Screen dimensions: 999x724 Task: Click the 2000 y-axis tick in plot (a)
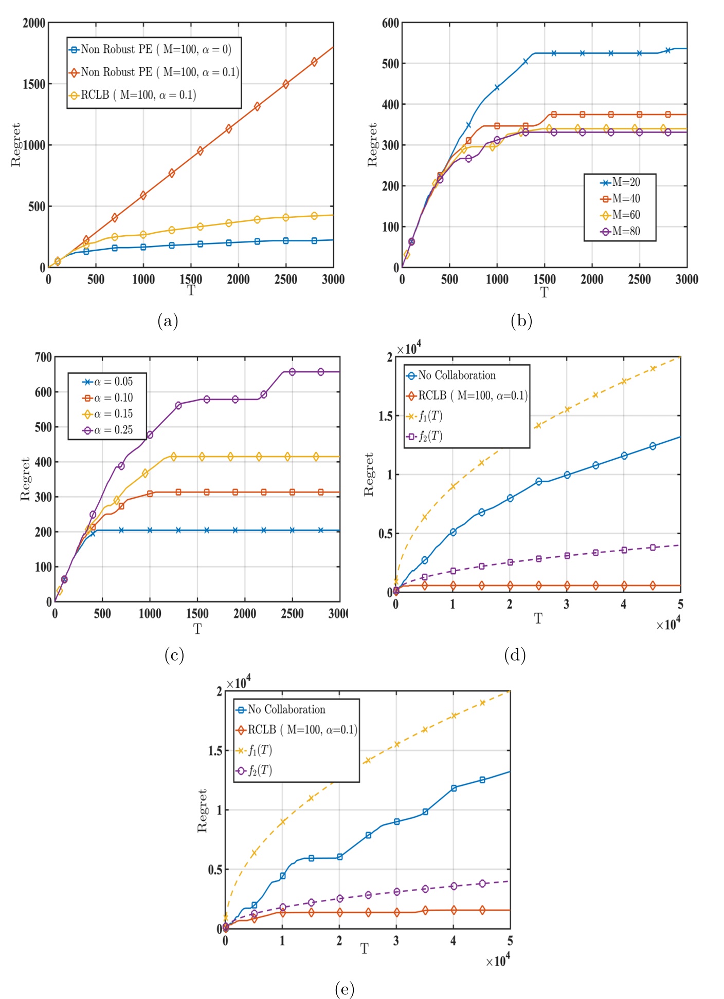[x=34, y=23]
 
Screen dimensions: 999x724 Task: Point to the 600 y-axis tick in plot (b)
[x=390, y=23]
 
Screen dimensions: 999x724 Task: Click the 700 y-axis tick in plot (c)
[x=43, y=357]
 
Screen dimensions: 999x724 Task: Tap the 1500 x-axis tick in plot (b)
[x=544, y=279]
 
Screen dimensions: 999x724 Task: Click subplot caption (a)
[x=168, y=321]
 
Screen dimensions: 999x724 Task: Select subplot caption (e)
[x=344, y=989]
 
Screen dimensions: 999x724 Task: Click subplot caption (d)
[x=515, y=655]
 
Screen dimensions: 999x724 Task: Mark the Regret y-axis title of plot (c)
[x=25, y=479]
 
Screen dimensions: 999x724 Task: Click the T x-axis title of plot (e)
[x=364, y=949]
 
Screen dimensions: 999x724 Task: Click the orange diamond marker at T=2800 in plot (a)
[x=314, y=62]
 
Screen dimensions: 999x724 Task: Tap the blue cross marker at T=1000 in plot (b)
[x=497, y=87]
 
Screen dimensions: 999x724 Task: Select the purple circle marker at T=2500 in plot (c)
[x=292, y=372]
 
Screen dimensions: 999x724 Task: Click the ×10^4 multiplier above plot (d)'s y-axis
[x=409, y=349]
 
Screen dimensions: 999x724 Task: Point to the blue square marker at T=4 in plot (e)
[x=454, y=788]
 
